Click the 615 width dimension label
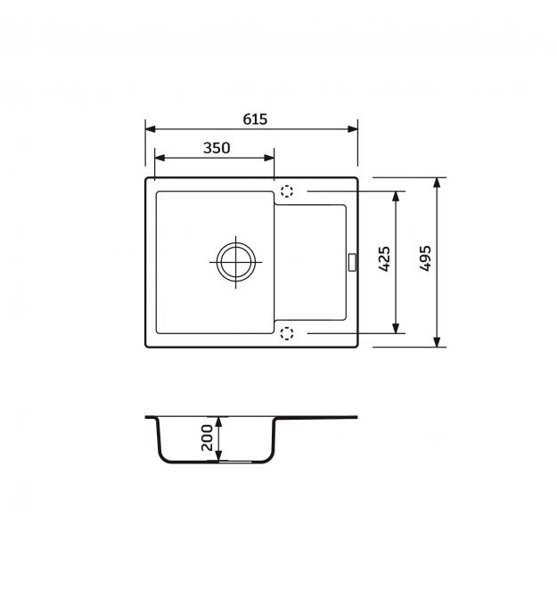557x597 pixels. tap(255, 119)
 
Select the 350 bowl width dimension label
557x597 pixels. tap(217, 148)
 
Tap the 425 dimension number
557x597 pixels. tap(384, 259)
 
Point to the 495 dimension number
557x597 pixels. tap(425, 258)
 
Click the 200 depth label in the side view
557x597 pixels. tap(207, 438)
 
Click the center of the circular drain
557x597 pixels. tap(235, 262)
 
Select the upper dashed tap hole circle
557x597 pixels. tap(287, 191)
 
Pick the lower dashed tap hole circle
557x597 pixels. tap(287, 333)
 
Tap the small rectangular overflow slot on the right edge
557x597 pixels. tap(352, 262)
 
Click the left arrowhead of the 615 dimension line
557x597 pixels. tap(151, 129)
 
